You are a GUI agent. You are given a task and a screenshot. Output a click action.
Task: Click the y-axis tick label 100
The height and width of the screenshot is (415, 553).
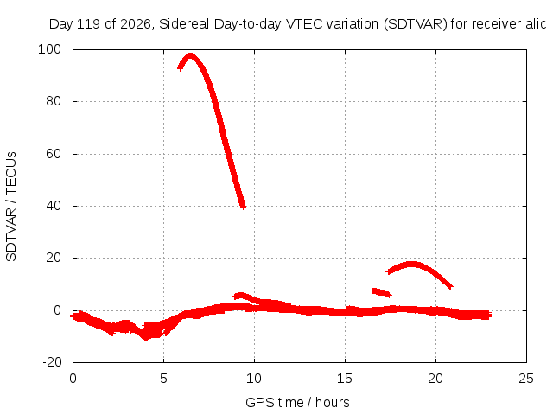click(x=49, y=49)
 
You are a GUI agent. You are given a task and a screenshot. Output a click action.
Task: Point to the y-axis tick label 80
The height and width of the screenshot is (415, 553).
click(x=54, y=101)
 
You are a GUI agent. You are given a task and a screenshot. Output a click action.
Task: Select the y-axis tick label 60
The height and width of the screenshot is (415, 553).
click(x=54, y=154)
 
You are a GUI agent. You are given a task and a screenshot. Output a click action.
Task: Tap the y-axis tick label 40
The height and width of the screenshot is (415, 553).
click(x=54, y=206)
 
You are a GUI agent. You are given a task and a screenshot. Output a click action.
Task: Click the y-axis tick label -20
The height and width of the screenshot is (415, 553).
click(x=52, y=362)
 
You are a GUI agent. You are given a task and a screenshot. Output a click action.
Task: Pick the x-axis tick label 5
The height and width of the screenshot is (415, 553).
click(x=163, y=379)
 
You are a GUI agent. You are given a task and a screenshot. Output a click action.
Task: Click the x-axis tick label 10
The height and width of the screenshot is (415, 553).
click(x=254, y=379)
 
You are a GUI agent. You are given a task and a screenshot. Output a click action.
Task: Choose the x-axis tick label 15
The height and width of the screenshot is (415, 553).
click(x=345, y=379)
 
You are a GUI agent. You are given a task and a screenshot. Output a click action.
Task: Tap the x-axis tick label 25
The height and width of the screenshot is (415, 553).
click(x=526, y=379)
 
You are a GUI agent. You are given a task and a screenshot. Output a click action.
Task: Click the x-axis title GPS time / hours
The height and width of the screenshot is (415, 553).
click(x=297, y=402)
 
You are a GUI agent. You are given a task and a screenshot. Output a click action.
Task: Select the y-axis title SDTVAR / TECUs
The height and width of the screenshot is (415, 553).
click(x=11, y=207)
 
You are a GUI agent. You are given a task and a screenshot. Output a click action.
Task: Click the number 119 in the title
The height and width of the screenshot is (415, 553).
click(x=88, y=24)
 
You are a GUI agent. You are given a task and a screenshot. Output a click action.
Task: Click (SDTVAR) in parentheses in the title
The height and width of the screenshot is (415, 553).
click(x=416, y=24)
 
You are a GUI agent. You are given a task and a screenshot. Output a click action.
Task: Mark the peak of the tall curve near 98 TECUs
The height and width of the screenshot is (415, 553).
click(x=190, y=55)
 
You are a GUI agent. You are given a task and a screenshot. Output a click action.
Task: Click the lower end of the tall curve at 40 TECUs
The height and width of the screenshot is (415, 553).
click(x=243, y=206)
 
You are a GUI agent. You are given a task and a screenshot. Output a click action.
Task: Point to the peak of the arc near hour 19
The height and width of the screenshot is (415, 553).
click(x=412, y=264)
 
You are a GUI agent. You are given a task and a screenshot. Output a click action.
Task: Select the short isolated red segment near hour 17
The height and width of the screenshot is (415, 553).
click(x=380, y=292)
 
